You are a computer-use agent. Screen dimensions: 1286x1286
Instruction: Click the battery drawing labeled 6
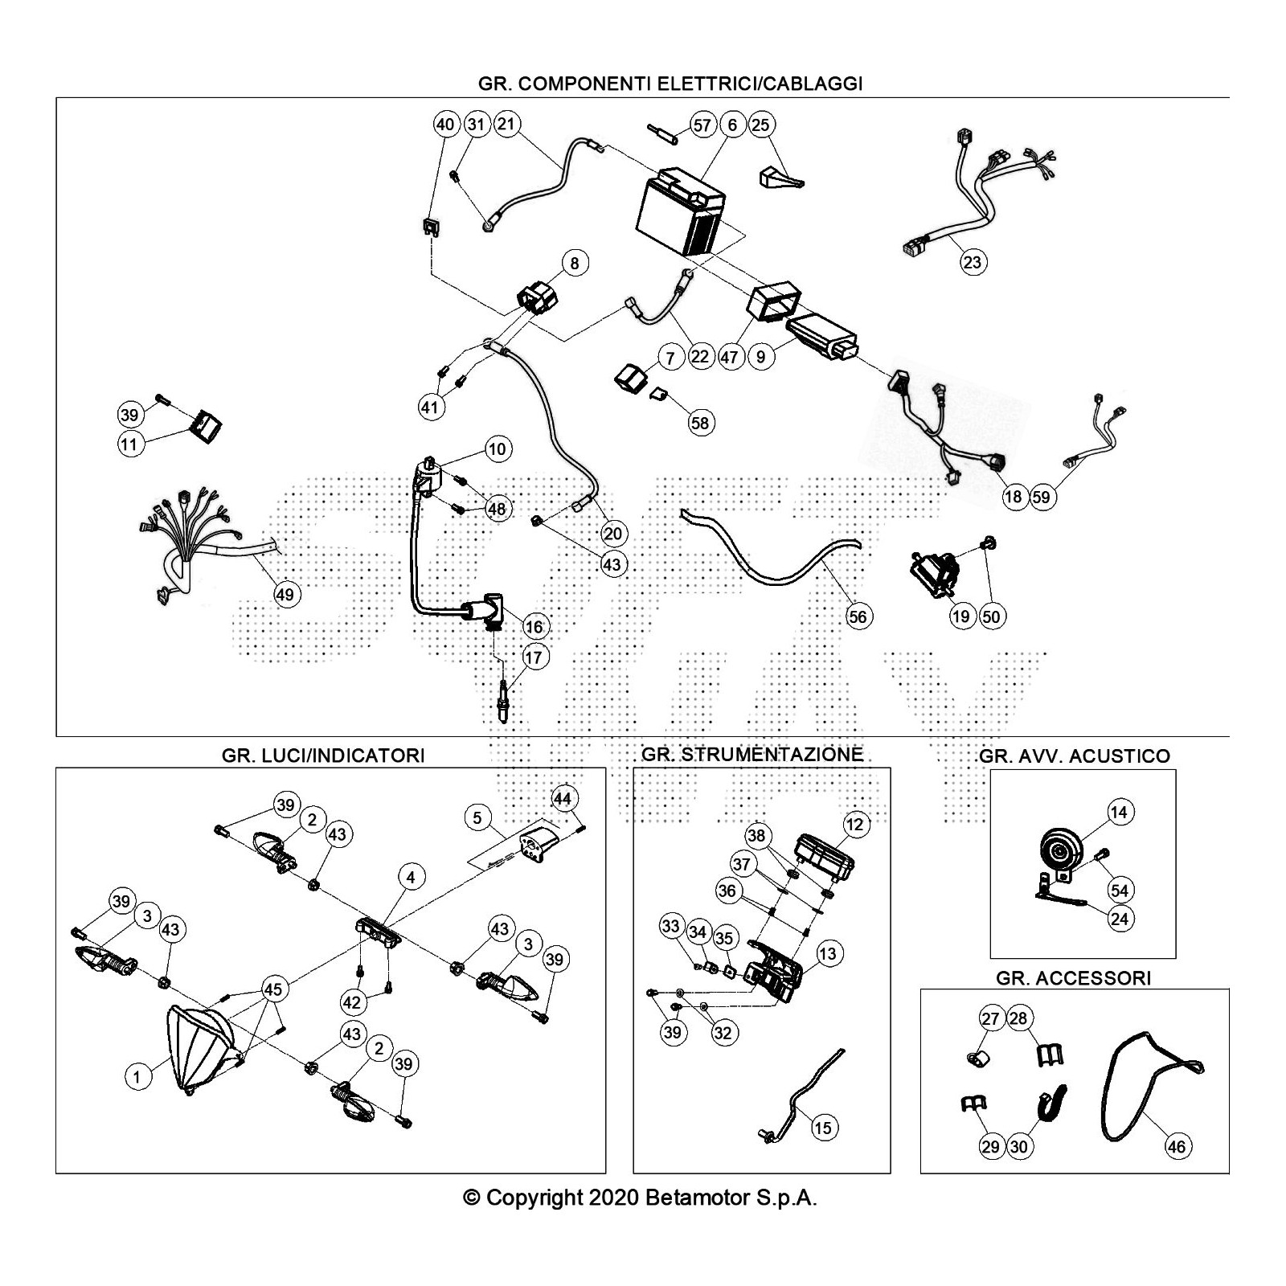click(x=679, y=213)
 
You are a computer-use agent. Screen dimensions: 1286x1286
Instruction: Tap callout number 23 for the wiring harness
click(x=973, y=262)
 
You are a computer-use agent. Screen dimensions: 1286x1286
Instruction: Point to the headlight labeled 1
click(x=197, y=1049)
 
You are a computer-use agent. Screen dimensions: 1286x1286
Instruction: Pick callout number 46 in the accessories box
click(x=1177, y=1146)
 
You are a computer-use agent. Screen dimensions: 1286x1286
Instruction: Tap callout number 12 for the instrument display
click(x=854, y=825)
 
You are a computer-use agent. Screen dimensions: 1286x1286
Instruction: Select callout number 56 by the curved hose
click(x=858, y=616)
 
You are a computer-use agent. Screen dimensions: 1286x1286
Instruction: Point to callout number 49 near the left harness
click(x=285, y=595)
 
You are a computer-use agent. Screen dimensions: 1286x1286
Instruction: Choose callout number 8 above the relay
click(x=575, y=263)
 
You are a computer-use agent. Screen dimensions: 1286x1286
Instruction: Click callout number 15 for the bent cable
click(x=822, y=1128)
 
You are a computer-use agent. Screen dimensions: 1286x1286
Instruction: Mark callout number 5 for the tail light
click(x=477, y=818)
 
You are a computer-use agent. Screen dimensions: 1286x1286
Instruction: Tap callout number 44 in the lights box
click(x=563, y=798)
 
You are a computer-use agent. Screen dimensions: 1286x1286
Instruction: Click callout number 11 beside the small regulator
click(x=129, y=444)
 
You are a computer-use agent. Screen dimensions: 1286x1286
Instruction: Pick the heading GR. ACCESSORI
click(x=1073, y=978)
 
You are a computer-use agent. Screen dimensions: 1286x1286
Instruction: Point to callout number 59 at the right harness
click(x=1041, y=497)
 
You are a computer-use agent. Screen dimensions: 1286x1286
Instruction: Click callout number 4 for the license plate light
click(x=411, y=877)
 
